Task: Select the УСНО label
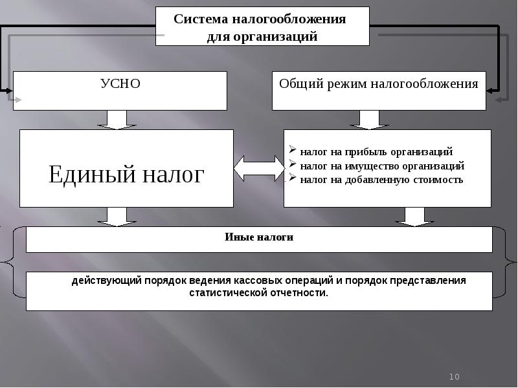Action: [120, 83]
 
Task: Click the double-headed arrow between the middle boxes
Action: [258, 168]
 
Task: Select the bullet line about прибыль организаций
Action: [376, 152]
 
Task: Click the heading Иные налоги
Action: [259, 237]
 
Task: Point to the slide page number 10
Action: [454, 377]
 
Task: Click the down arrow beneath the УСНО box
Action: [116, 120]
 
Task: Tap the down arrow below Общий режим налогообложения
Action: [368, 120]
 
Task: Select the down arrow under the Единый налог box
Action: [116, 217]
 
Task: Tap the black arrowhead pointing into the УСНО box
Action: [8, 91]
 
